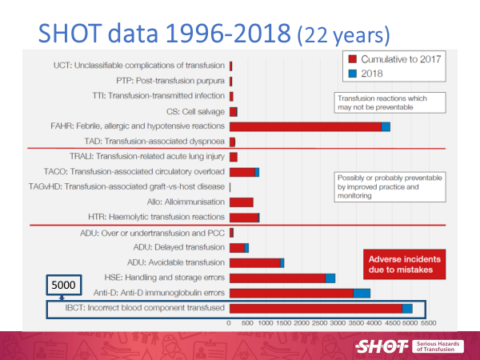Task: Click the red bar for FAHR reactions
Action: pos(305,126)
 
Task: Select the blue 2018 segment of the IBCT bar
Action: pos(408,309)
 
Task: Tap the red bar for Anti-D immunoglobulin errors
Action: pos(291,294)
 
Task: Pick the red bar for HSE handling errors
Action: pos(278,278)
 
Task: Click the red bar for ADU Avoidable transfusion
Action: pos(254,262)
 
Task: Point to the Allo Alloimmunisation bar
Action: pos(242,202)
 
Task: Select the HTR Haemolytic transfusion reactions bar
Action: pos(244,217)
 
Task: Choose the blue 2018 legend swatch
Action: pos(350,74)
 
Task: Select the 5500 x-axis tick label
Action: pos(428,324)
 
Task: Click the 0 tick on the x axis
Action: pos(230,324)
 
